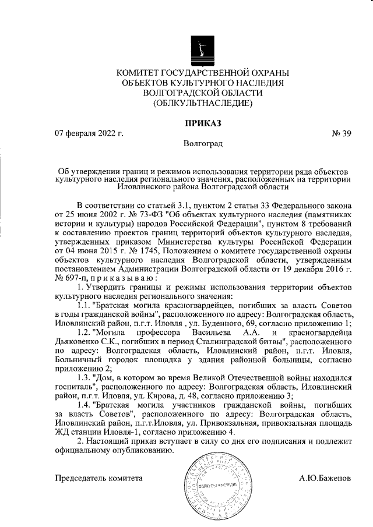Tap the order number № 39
point(342,133)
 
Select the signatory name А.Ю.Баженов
point(325,478)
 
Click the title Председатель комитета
point(98,478)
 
